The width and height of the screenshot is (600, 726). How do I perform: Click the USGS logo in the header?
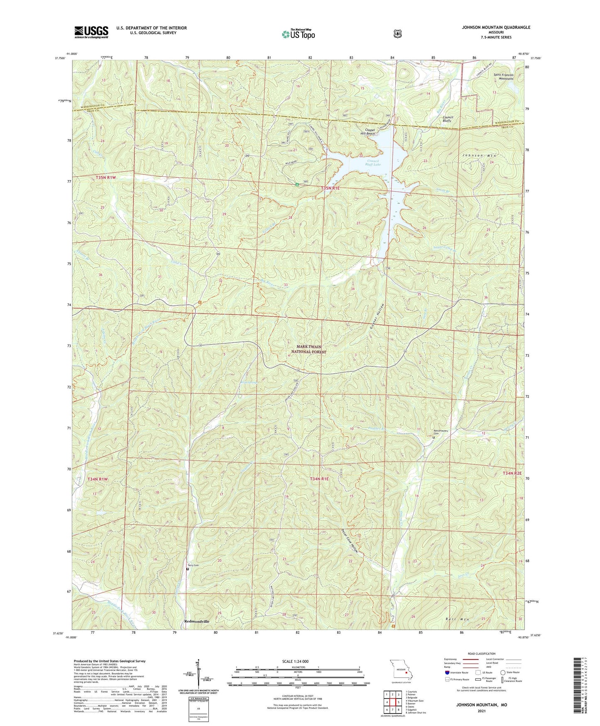[91, 32]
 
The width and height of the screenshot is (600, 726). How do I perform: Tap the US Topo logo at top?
[298, 34]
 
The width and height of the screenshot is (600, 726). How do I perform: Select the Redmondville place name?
[197, 621]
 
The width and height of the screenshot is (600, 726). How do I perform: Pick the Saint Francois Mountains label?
[504, 77]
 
